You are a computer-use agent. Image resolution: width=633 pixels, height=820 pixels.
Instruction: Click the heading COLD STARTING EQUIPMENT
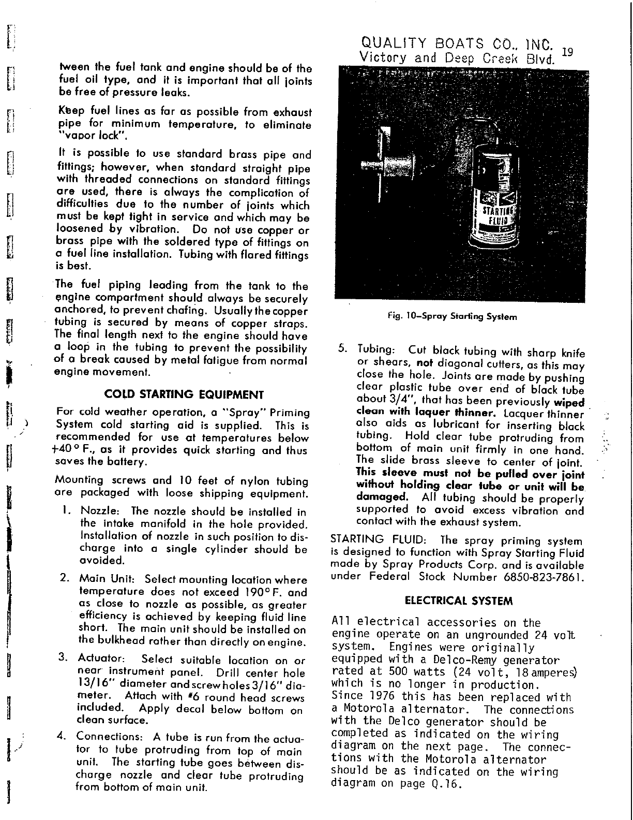[x=185, y=395]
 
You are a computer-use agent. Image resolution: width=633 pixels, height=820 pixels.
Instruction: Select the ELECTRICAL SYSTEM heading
[x=459, y=601]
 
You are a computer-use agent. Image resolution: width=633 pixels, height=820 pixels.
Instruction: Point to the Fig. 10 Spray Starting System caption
[x=453, y=316]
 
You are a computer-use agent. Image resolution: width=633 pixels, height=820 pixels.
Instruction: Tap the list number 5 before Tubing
[x=342, y=348]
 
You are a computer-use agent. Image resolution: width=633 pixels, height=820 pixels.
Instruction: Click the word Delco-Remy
[x=472, y=661]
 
